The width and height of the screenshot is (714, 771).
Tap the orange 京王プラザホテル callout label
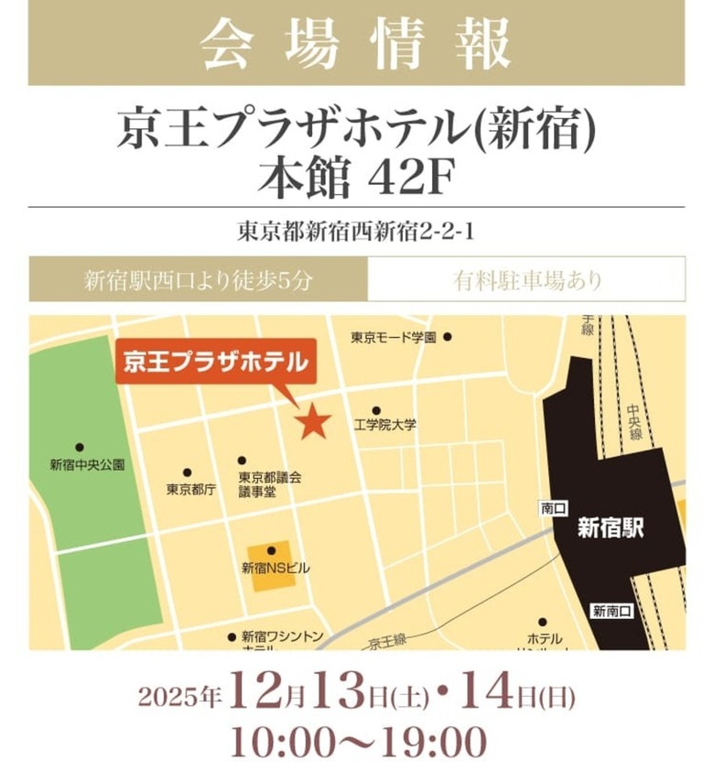click(x=215, y=362)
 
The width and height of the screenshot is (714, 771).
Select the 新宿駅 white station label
click(x=611, y=528)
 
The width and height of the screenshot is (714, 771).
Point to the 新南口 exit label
click(x=609, y=611)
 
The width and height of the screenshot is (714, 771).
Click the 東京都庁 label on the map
click(x=190, y=490)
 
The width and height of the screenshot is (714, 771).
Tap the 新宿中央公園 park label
click(x=87, y=465)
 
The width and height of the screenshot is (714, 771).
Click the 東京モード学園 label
click(x=394, y=338)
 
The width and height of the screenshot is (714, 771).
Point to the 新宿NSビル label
click(x=276, y=569)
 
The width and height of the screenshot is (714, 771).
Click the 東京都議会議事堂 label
click(x=270, y=485)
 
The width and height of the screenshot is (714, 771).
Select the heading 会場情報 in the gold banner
click(x=356, y=43)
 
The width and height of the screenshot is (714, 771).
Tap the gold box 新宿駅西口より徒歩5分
click(x=199, y=279)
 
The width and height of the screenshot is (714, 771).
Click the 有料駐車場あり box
click(x=526, y=279)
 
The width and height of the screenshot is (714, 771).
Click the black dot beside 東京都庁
click(x=188, y=472)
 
